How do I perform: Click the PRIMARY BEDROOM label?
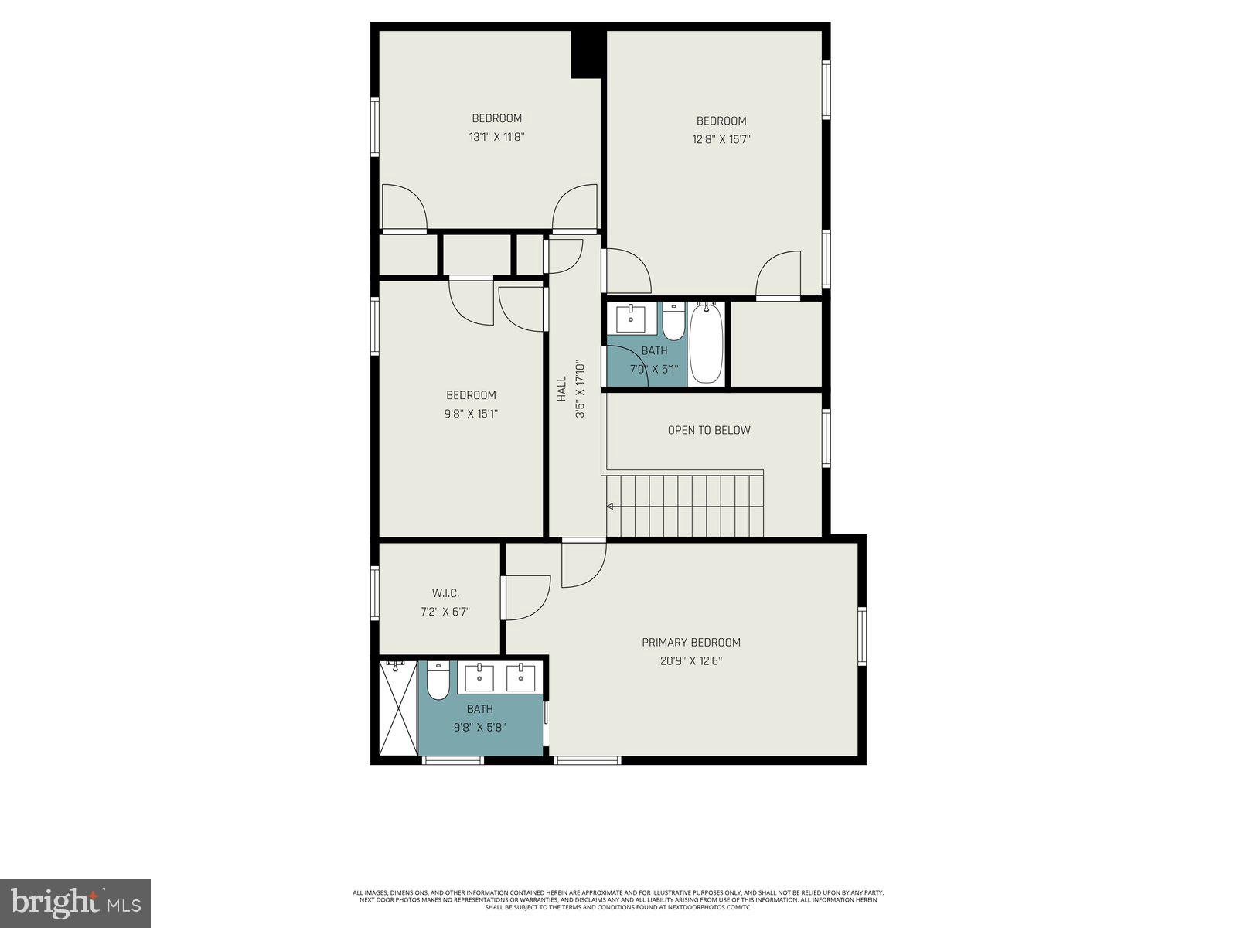pyautogui.click(x=690, y=642)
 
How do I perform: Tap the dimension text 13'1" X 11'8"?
pyautogui.click(x=496, y=137)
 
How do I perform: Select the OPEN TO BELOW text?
pyautogui.click(x=708, y=430)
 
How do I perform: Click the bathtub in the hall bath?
pyautogui.click(x=706, y=343)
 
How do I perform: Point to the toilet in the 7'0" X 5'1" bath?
pyautogui.click(x=673, y=322)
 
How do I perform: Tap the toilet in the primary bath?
pyautogui.click(x=438, y=680)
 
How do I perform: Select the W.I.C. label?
pyautogui.click(x=445, y=593)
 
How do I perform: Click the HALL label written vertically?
pyautogui.click(x=562, y=388)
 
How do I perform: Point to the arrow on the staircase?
pyautogui.click(x=610, y=507)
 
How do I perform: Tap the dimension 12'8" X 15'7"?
pyautogui.click(x=721, y=139)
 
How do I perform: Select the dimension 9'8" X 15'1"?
pyautogui.click(x=470, y=414)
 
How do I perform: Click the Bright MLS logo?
pyautogui.click(x=75, y=902)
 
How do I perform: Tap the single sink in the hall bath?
pyautogui.click(x=631, y=318)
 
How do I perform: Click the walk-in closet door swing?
pyautogui.click(x=527, y=598)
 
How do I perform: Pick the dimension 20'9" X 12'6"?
pyautogui.click(x=690, y=661)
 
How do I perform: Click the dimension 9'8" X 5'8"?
pyautogui.click(x=479, y=727)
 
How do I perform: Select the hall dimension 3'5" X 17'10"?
pyautogui.click(x=580, y=389)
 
